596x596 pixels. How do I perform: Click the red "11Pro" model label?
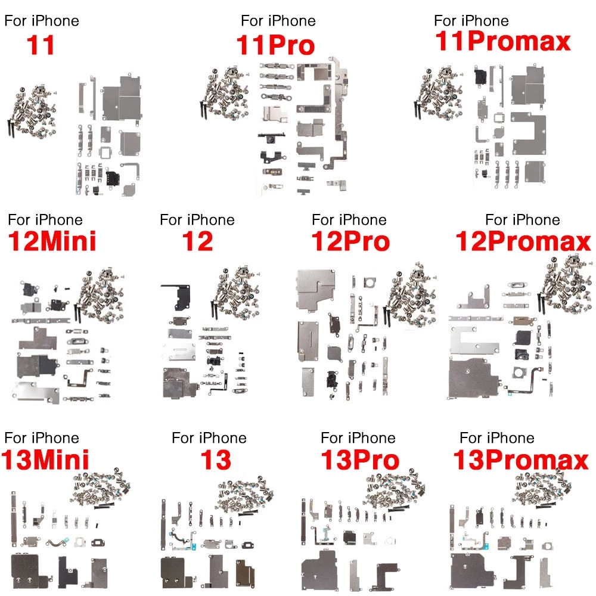pyautogui.click(x=275, y=45)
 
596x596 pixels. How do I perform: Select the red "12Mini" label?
pyautogui.click(x=52, y=241)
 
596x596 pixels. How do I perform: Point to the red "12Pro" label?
pyautogui.click(x=350, y=241)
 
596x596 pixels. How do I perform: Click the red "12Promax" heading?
pyautogui.click(x=523, y=241)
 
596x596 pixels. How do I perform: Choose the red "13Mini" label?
pyautogui.click(x=45, y=460)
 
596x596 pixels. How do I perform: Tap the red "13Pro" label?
pyautogui.click(x=360, y=460)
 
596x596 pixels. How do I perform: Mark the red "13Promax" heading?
pyautogui.click(x=521, y=460)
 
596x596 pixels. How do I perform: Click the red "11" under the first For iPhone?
pyautogui.click(x=41, y=45)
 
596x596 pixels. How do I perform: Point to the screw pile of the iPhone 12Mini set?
pyautogui.click(x=100, y=294)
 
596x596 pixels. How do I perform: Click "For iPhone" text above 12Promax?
pyautogui.click(x=523, y=220)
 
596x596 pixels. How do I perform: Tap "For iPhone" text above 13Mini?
pyautogui.click(x=42, y=438)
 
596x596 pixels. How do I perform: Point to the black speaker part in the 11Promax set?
pyautogui.click(x=480, y=76)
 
